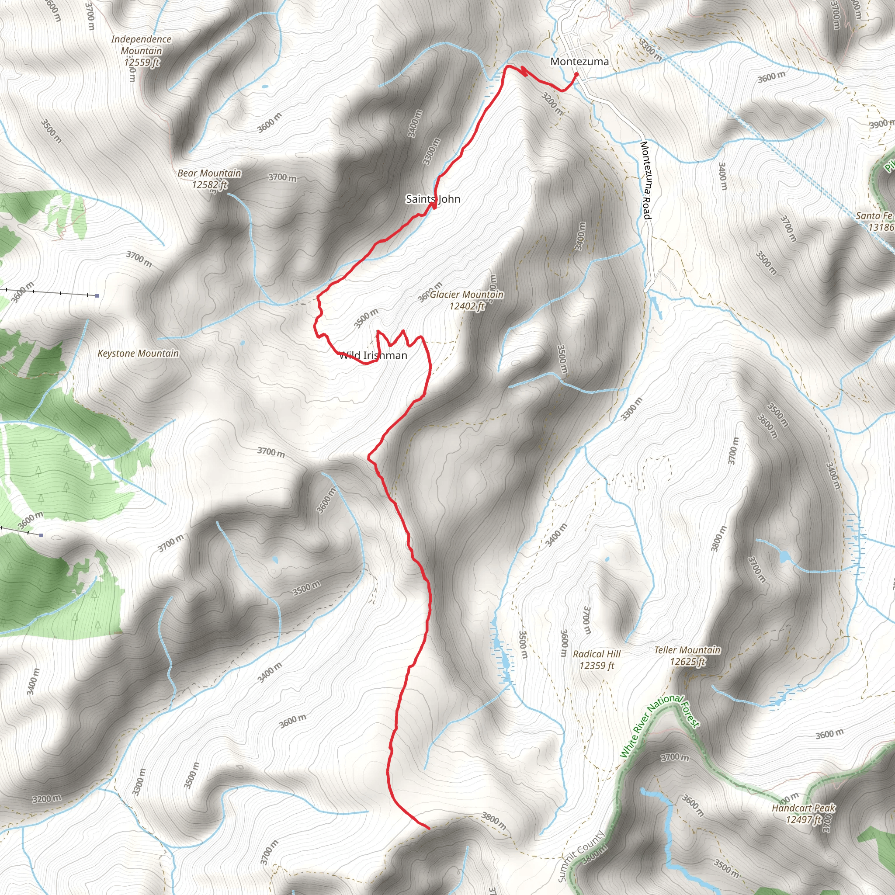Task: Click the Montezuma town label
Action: (579, 62)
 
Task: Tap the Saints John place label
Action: (433, 199)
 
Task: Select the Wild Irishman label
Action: (373, 355)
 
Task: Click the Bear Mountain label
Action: (209, 173)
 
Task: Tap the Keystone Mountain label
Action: (138, 354)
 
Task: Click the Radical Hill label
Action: (597, 654)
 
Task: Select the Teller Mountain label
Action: (687, 650)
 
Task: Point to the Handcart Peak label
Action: (803, 808)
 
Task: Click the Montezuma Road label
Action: (645, 180)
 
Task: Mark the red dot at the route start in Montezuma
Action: (576, 74)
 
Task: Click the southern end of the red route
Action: (429, 827)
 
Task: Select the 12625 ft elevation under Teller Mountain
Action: (687, 662)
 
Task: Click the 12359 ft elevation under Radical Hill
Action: (597, 666)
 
